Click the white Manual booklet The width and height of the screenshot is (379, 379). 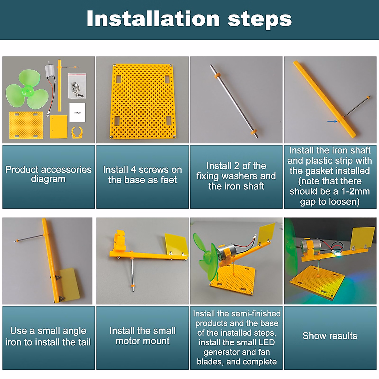coord(77,112)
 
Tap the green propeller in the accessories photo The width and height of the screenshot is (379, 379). coord(27,90)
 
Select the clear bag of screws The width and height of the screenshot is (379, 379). coord(77,86)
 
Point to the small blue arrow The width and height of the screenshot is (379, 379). coord(332,121)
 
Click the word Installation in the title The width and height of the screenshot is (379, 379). coord(153,19)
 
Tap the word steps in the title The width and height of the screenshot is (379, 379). coord(260,20)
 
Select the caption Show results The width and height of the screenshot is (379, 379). coord(330,335)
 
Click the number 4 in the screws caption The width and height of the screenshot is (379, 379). coord(133,170)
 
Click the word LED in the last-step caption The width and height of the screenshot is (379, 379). coord(267,342)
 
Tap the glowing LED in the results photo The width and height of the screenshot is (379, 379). coord(338,254)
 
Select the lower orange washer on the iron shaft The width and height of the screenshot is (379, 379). coord(254,132)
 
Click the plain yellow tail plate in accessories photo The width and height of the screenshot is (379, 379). coord(58,127)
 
